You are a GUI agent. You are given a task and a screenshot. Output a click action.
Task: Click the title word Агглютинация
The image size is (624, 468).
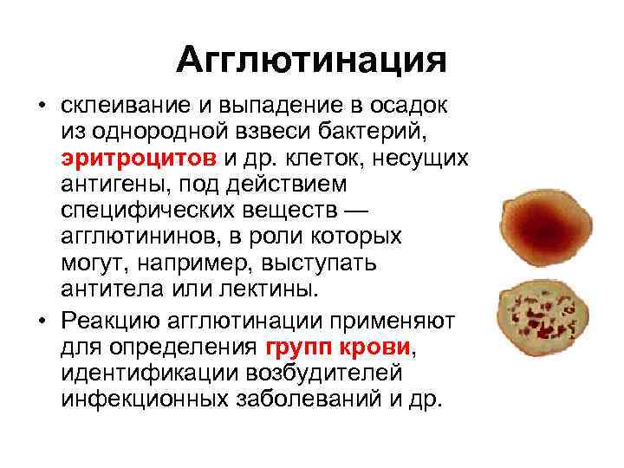coord(311,61)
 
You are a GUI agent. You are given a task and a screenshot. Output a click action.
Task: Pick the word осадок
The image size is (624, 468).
coord(409,106)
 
